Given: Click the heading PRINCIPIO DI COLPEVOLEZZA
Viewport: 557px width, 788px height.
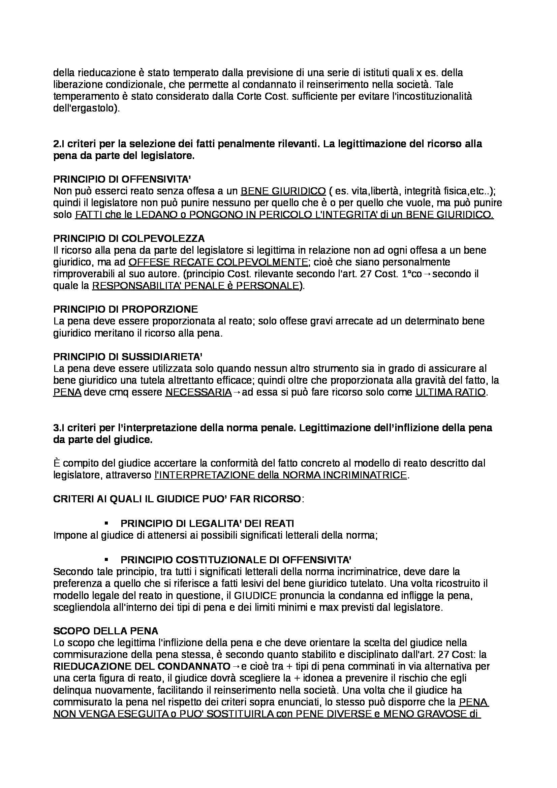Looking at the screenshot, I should (x=129, y=238).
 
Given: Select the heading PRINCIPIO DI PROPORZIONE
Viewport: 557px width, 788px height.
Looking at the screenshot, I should (x=125, y=309).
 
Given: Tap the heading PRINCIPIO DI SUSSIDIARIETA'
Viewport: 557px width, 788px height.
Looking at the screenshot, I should (x=127, y=356).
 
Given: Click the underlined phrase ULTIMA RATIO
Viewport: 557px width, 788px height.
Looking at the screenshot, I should (x=451, y=392).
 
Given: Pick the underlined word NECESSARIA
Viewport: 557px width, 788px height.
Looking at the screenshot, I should (x=198, y=392).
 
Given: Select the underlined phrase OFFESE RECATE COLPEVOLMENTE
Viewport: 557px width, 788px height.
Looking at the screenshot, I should (x=218, y=262).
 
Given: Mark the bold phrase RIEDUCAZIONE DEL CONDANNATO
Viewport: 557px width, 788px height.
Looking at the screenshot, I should (x=142, y=666).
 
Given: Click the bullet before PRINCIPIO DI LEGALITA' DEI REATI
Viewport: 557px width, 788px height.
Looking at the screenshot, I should (x=106, y=524).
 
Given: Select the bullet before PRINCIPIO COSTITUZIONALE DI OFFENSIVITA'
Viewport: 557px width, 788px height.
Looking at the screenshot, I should (x=106, y=560).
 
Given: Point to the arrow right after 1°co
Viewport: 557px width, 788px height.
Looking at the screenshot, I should (x=427, y=274).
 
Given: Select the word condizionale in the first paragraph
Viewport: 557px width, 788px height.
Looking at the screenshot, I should (x=135, y=85).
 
